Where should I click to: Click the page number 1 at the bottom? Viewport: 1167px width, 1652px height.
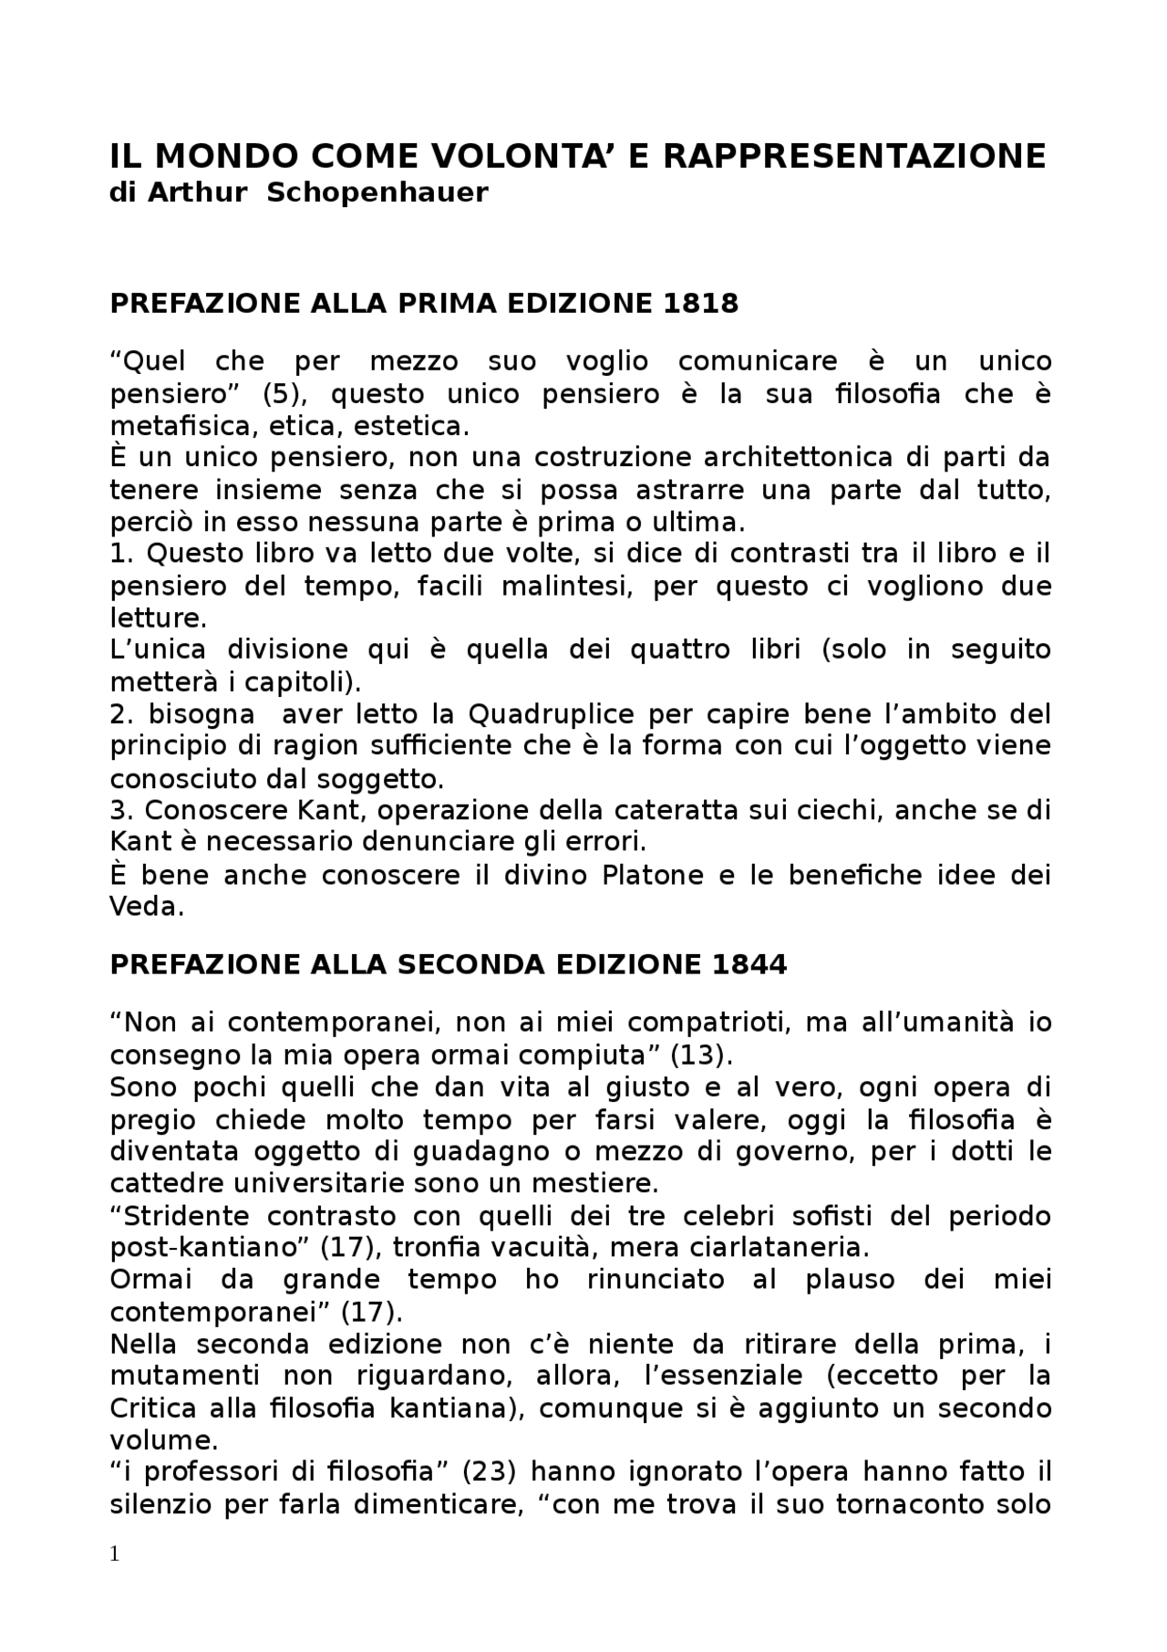point(115,1555)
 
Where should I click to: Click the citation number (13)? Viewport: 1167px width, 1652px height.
point(701,1055)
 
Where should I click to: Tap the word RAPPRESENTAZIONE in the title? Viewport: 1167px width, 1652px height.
point(853,157)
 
